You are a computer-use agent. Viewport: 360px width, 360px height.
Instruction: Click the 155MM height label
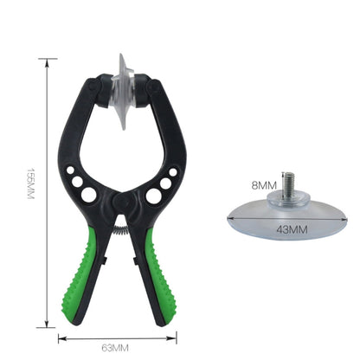click(x=30, y=192)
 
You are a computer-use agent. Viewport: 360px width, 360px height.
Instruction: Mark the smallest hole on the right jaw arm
click(x=170, y=171)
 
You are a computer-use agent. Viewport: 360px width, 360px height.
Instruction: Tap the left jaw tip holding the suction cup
click(x=98, y=87)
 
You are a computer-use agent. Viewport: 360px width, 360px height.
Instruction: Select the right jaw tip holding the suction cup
click(x=153, y=89)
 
